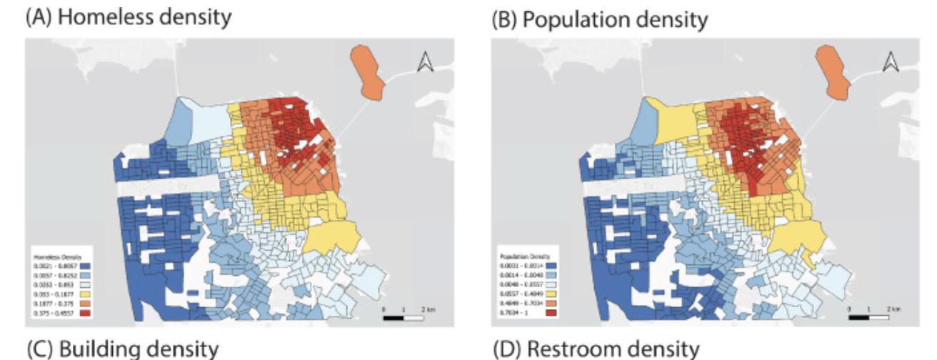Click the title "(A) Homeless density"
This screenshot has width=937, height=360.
click(129, 17)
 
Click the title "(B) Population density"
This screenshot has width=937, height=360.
click(601, 19)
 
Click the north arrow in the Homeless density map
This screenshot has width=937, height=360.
click(425, 64)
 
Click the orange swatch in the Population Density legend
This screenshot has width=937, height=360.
click(551, 303)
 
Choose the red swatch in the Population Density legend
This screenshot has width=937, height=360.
click(551, 313)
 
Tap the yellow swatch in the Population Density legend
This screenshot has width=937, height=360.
click(551, 294)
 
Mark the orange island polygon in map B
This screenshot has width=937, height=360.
click(833, 71)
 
